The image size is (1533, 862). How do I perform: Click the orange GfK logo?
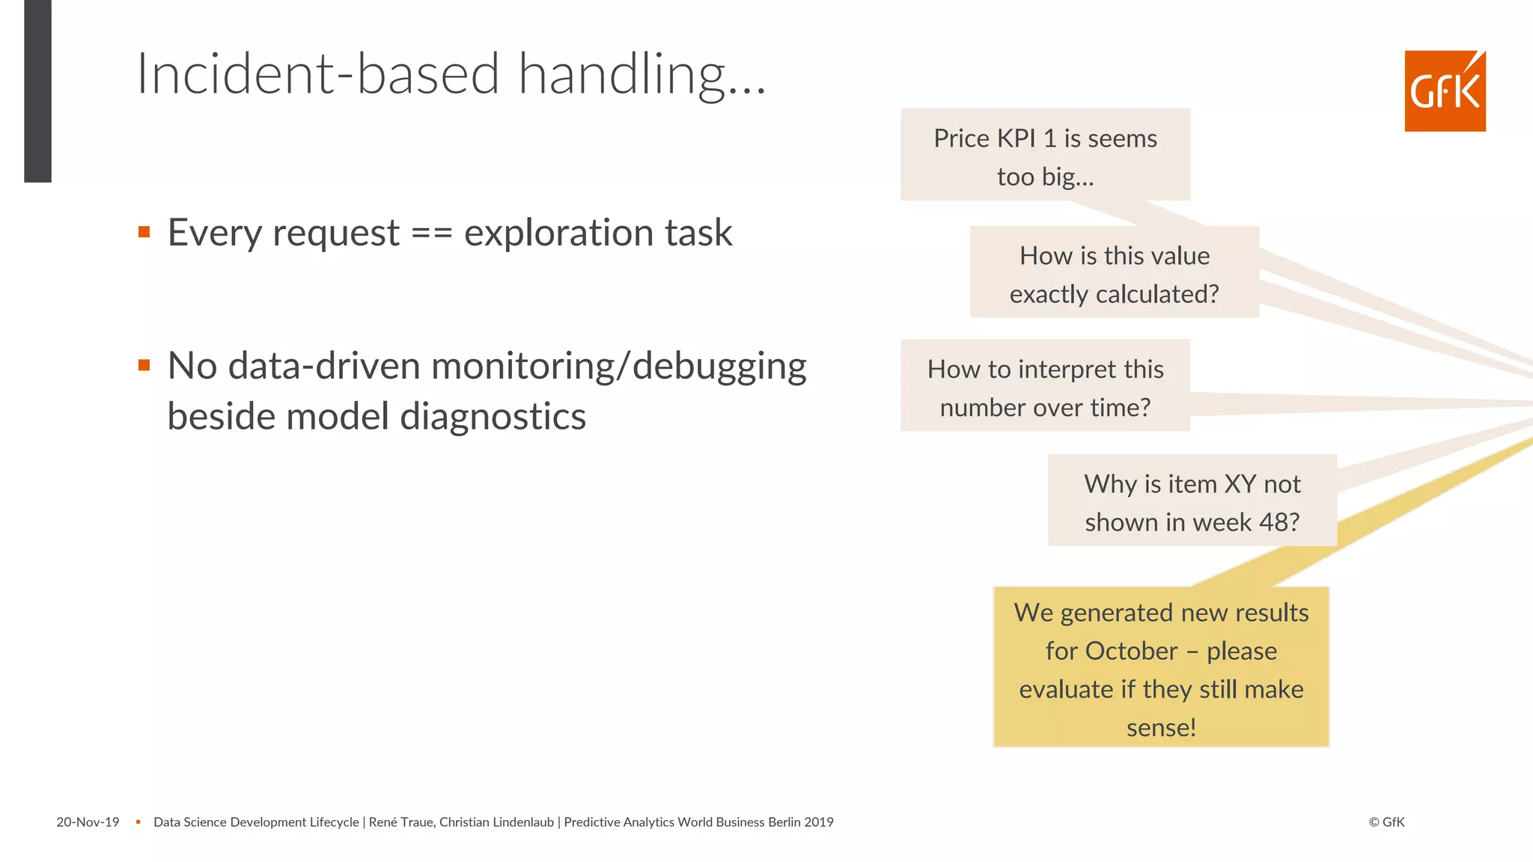pos(1445,91)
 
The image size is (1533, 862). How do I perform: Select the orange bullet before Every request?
pos(144,232)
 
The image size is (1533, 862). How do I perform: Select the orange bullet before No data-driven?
pos(144,365)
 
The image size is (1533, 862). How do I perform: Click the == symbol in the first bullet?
pos(432,233)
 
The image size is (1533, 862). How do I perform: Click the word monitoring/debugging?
pos(618,367)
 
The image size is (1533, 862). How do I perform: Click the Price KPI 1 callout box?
pos(1045,155)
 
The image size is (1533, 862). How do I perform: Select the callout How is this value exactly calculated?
pos(1114,273)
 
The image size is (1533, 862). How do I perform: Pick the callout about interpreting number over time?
pos(1045,387)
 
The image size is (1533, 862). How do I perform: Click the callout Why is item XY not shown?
pos(1192,501)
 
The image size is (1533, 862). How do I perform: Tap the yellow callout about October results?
pos(1160,668)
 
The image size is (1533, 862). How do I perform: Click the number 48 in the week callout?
pos(1273,522)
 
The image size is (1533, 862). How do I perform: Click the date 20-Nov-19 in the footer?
pos(88,822)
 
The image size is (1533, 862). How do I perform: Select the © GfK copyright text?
pos(1386,822)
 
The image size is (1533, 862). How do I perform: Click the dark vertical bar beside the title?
pos(37,90)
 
